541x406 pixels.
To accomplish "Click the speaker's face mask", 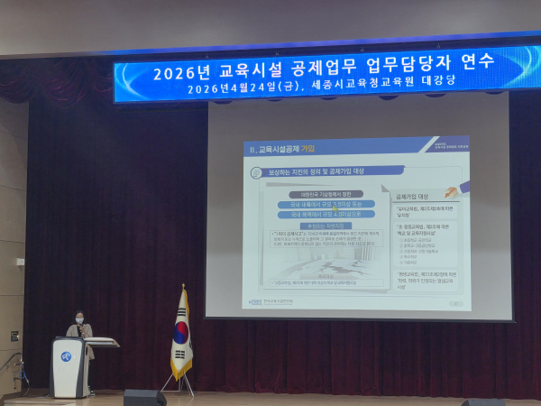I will click(x=78, y=320).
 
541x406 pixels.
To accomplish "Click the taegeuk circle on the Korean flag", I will click(x=181, y=330).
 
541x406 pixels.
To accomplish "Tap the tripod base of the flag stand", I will click(x=178, y=385).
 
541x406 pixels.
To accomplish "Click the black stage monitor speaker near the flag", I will click(x=144, y=397).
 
